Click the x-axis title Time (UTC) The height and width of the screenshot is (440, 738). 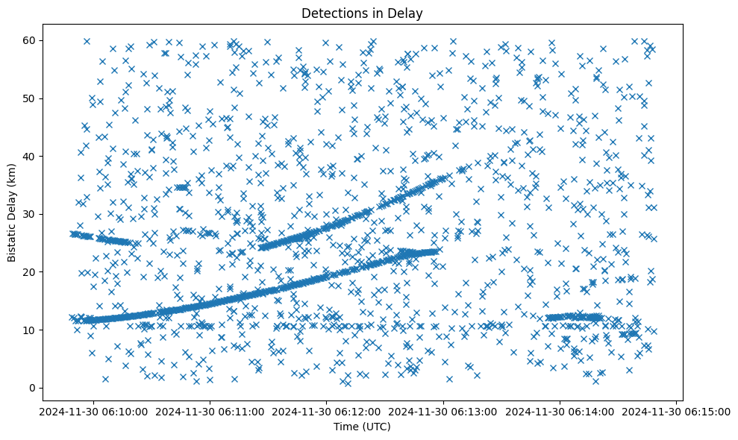361,427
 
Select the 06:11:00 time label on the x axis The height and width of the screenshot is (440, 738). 210,411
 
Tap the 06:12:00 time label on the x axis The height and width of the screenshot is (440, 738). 326,411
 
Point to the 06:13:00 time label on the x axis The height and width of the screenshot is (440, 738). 443,411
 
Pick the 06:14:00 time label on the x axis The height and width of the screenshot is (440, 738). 560,411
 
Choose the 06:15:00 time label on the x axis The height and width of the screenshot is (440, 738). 677,411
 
